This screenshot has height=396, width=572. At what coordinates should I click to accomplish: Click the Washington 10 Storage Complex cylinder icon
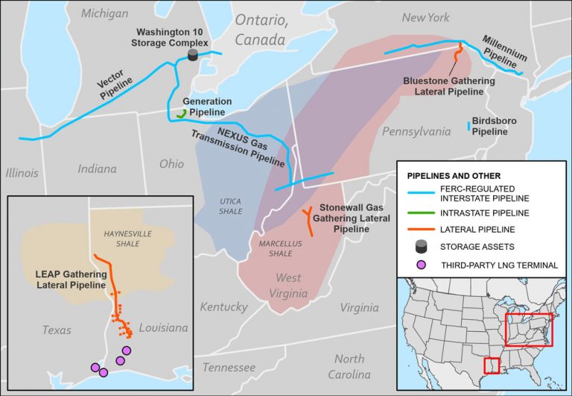pos(193,56)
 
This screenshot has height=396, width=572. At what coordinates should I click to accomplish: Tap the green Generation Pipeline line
pos(181,114)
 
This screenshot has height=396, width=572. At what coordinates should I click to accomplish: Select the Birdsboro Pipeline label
pos(493,125)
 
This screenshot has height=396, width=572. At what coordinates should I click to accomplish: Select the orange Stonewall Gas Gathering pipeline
pos(308,221)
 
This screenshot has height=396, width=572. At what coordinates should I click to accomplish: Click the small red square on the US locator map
pos(491,365)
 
